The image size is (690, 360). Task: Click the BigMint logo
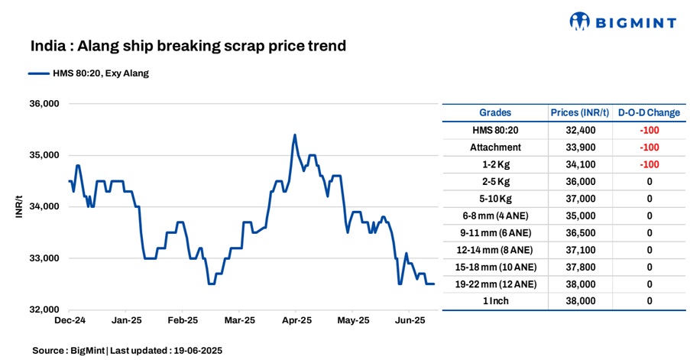(624, 21)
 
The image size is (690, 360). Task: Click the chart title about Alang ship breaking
(188, 46)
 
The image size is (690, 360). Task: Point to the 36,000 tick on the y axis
(44, 104)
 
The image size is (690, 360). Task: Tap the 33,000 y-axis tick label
(44, 258)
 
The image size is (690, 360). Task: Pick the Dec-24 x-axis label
(70, 320)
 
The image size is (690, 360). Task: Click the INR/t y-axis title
(18, 206)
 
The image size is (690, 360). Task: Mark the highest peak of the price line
(295, 135)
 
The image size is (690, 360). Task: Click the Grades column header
(495, 113)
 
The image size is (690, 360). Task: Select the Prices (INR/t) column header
(580, 113)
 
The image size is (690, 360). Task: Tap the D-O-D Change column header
(649, 113)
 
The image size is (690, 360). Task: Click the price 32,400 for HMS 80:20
(580, 131)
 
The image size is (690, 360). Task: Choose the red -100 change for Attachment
(649, 148)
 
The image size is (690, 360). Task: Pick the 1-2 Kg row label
(495, 164)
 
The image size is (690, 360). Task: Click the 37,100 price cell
(580, 250)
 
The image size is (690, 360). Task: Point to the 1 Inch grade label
(495, 301)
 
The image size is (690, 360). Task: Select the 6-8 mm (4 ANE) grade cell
(495, 216)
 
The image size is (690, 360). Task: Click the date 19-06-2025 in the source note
(196, 350)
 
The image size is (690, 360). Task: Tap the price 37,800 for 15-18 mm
(580, 267)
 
